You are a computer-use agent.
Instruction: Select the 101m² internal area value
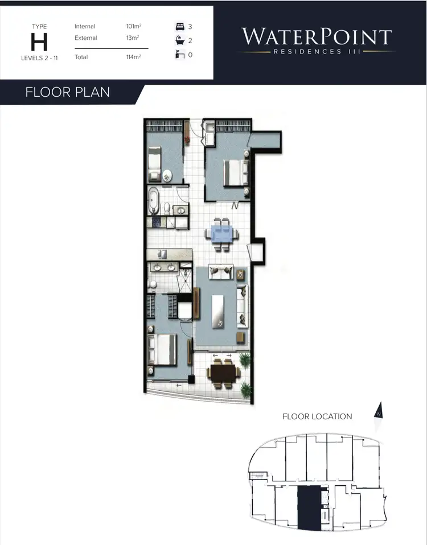[x=134, y=27]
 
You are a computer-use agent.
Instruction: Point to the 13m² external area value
[x=132, y=38]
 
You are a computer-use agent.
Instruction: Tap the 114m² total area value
[x=134, y=57]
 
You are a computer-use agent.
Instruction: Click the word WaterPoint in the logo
[x=317, y=37]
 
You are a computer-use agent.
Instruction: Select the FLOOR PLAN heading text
[x=68, y=92]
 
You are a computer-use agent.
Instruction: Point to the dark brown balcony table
[x=223, y=373]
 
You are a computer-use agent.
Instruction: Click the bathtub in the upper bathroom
[x=154, y=201]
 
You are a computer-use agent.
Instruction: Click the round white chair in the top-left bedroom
[x=168, y=175]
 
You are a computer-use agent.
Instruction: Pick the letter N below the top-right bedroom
[x=235, y=205]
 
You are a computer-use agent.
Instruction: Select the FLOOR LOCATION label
[x=317, y=416]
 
